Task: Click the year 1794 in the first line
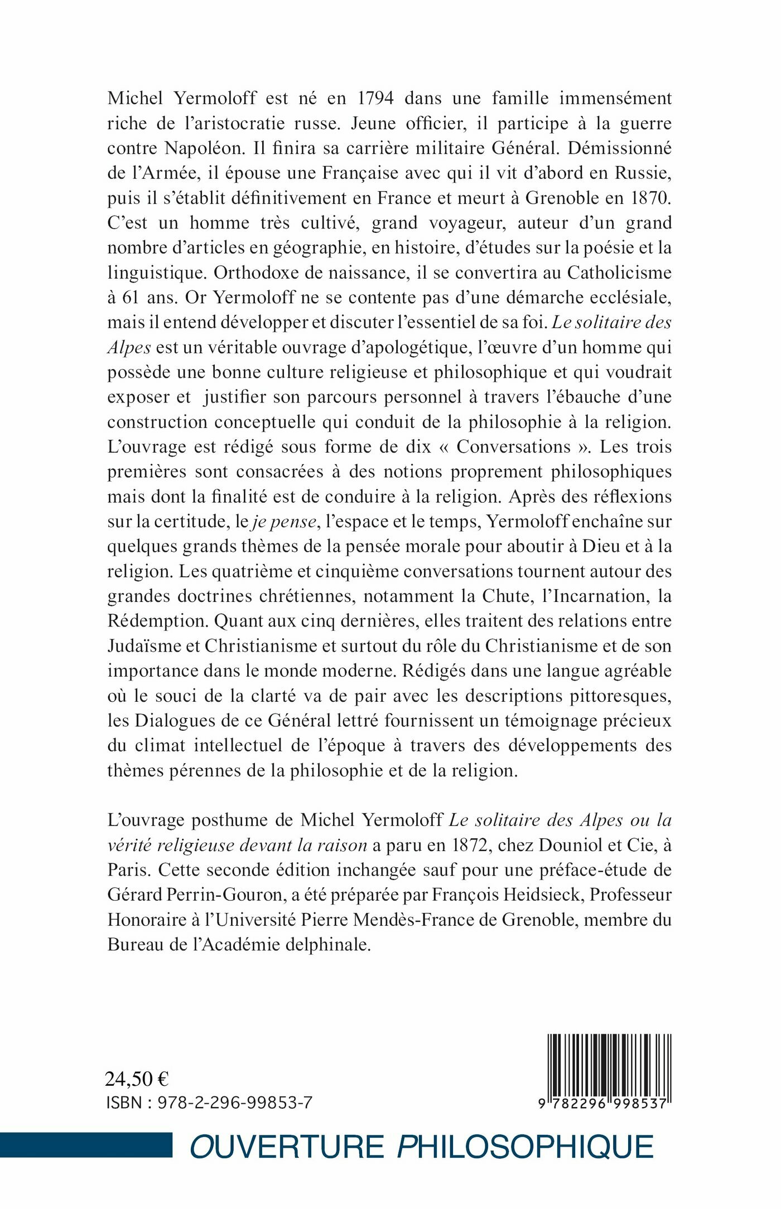375,98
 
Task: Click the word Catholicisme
619,273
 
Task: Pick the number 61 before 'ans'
130,298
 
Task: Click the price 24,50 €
137,1079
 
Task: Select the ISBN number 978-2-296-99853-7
235,1103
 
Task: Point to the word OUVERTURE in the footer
287,1147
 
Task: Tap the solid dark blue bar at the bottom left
86,1145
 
